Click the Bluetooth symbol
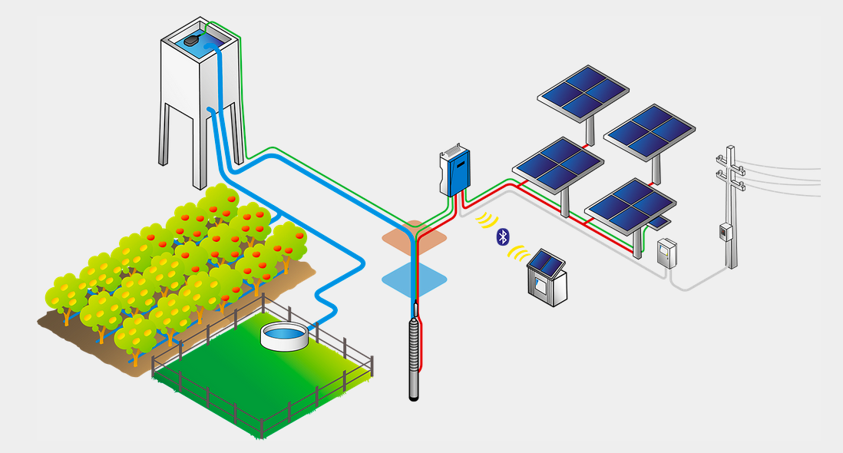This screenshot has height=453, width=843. tap(503, 236)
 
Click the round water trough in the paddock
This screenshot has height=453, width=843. tap(286, 336)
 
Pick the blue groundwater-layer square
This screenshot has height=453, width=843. tap(415, 279)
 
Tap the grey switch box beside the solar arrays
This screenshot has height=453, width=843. tap(667, 253)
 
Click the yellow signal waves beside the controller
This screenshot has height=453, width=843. tap(485, 220)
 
